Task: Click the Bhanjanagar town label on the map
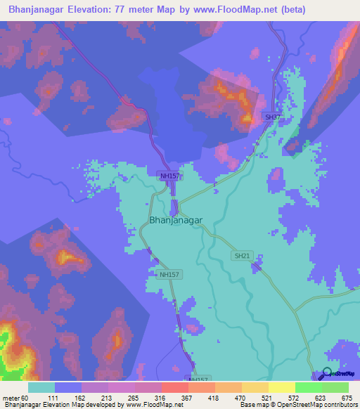coord(176,220)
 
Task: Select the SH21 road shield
coord(242,257)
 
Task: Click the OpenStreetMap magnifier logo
coord(327,374)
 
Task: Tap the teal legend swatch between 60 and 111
coord(41,387)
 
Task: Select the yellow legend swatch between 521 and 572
coord(281,387)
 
